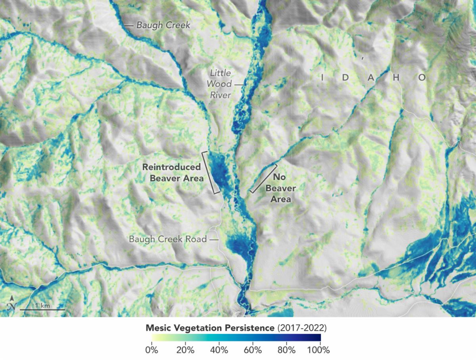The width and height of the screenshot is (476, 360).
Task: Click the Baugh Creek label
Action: point(163,25)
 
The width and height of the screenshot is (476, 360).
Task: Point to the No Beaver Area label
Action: point(281,188)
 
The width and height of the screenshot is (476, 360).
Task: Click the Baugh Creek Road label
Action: point(168,239)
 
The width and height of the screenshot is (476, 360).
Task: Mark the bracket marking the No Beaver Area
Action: point(263,178)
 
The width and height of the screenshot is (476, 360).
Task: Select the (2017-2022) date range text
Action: point(302,328)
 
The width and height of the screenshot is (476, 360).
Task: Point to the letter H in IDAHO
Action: point(395,78)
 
